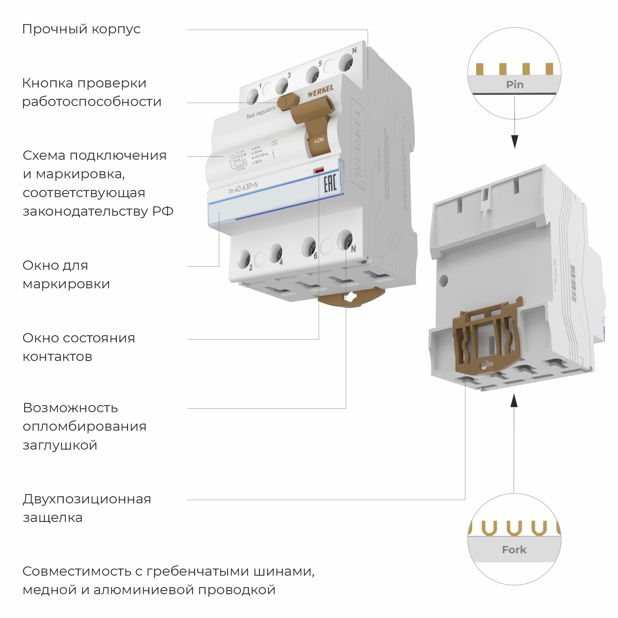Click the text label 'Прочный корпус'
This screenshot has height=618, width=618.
pos(81,29)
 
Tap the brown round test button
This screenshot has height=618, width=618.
pos(287,102)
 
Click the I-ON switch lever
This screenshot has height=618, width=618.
pos(318,140)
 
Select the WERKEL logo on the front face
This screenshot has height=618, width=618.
pos(320,91)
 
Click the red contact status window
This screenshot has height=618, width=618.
pos(319,170)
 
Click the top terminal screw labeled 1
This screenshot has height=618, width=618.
pos(253,96)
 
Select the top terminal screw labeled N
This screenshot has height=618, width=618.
pos(346,62)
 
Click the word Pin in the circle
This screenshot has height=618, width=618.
pos(515,85)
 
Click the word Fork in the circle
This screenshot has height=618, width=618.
pos(514,549)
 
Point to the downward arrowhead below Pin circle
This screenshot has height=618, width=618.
pos(515,142)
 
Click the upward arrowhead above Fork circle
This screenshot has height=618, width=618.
pos(514,400)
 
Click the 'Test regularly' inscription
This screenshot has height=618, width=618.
pos(261,112)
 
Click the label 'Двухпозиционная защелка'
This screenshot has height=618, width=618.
pos(87,508)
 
